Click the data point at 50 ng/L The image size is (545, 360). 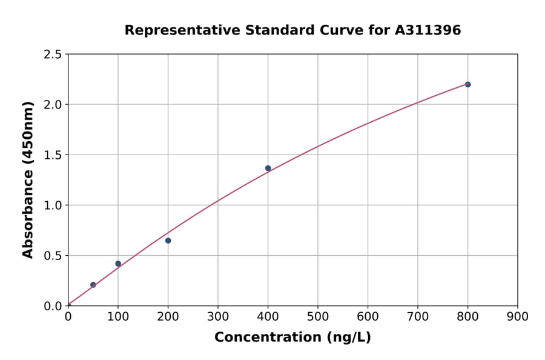click(x=93, y=285)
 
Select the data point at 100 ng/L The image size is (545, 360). click(x=118, y=264)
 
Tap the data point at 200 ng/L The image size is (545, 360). click(x=168, y=241)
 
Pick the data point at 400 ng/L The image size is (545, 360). click(x=268, y=168)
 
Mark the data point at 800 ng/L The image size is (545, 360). click(x=467, y=84)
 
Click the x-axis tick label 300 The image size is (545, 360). click(x=218, y=316)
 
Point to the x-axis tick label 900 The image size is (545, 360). click(x=517, y=316)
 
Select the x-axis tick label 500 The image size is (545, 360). click(x=318, y=316)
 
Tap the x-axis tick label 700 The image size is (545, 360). click(x=418, y=316)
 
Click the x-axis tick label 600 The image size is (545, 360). click(x=368, y=316)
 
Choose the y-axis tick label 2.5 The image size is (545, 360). click(x=53, y=55)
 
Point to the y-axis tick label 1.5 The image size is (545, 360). click(x=53, y=155)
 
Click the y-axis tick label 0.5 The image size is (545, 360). click(x=53, y=256)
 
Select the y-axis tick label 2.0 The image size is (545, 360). click(x=53, y=105)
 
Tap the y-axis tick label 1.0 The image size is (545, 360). click(x=53, y=205)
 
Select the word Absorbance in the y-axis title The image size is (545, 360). click(x=28, y=206)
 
